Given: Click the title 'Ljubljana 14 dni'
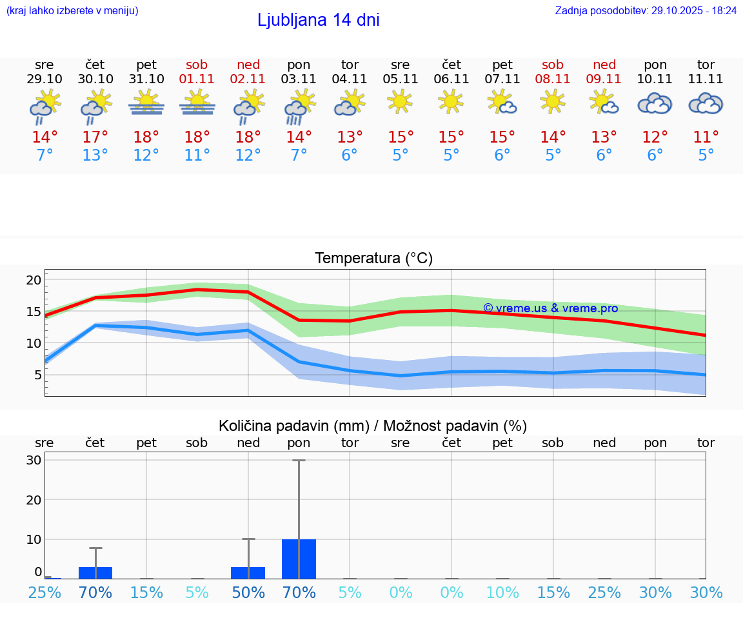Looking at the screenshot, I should [x=318, y=20].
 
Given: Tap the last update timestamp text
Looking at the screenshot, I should [x=646, y=10].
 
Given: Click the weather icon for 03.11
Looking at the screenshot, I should [x=299, y=106].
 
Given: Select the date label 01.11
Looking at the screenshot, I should [x=197, y=79].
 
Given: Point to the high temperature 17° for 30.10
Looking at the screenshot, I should [x=95, y=137].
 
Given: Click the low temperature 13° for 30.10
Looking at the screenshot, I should [x=95, y=155].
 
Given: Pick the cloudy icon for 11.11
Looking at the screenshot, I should [x=706, y=104].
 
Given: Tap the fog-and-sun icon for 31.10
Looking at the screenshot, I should [x=146, y=104].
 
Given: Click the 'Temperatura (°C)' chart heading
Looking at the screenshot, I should [x=373, y=259].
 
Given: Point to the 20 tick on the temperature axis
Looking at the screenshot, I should [x=34, y=280].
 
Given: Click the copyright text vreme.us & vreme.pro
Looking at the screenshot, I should [x=550, y=308].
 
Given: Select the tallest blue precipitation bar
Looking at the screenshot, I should [x=299, y=559].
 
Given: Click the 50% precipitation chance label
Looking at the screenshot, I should [x=248, y=592].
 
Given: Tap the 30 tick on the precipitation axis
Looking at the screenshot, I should [x=34, y=461].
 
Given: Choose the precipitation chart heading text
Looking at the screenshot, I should [x=373, y=426].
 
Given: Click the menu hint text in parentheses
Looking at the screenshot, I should [x=72, y=10].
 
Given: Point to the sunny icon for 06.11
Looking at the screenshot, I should [x=451, y=101].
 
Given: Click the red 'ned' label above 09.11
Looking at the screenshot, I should [x=604, y=65].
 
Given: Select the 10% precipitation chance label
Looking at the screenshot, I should [x=502, y=592].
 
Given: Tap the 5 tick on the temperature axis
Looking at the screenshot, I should [x=37, y=375].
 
